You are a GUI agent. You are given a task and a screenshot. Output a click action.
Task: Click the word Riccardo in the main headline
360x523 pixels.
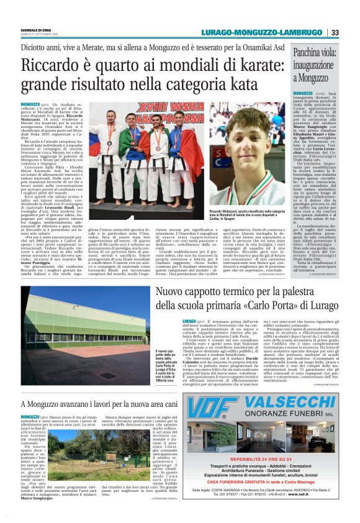[49, 65]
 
